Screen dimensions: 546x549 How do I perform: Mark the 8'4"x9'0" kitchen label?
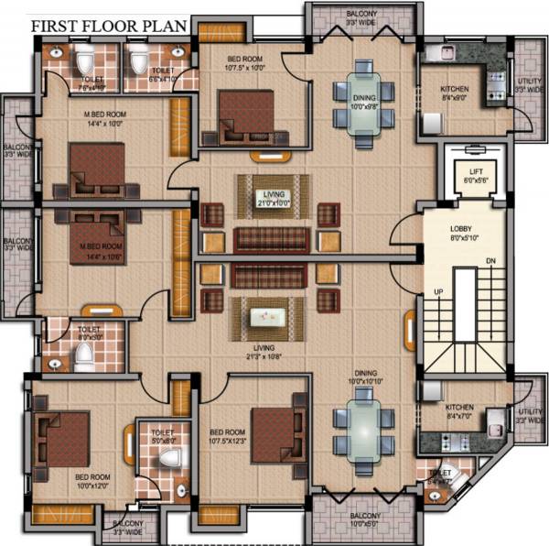(x=454, y=93)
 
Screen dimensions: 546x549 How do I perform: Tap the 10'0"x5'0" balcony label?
(x=363, y=520)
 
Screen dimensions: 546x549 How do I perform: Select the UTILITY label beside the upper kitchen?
(x=529, y=86)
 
